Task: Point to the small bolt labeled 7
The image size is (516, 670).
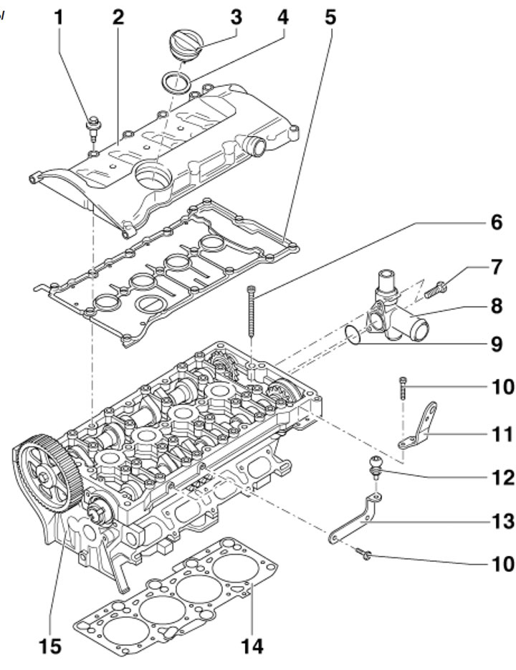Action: tap(435, 290)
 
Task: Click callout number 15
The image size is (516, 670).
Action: tap(50, 646)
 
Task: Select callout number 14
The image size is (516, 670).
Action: tap(252, 646)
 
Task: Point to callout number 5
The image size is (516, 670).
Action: tap(330, 17)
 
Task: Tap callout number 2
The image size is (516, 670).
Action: tap(118, 17)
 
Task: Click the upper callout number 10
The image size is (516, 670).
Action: tap(503, 387)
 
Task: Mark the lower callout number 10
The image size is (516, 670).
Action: tap(503, 564)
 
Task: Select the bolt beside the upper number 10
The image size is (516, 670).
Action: tap(403, 388)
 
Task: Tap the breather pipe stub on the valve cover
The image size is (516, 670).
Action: tap(254, 145)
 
